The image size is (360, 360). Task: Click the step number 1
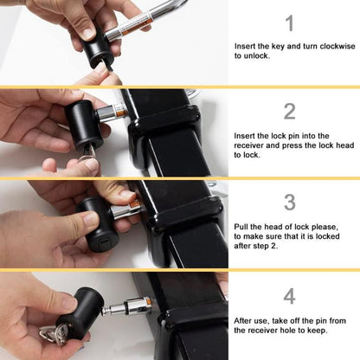click(x=289, y=23)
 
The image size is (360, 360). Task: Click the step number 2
click(x=289, y=111)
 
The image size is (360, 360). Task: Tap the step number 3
click(x=289, y=202)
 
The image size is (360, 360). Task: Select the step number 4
click(x=289, y=296)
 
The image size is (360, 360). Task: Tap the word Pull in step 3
click(x=243, y=226)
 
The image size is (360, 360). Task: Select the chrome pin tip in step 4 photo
click(x=138, y=307)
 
